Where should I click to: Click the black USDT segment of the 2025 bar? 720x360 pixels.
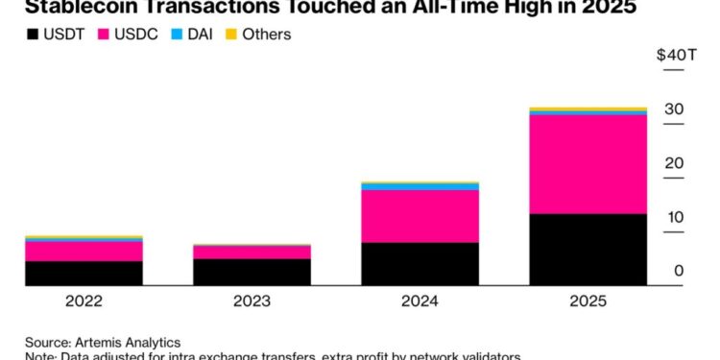(x=588, y=250)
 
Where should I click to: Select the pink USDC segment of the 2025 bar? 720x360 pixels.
(x=588, y=164)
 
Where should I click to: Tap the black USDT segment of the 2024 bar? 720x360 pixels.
(x=420, y=264)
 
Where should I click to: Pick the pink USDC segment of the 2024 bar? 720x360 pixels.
(x=420, y=216)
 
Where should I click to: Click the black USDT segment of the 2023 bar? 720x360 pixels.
(x=252, y=272)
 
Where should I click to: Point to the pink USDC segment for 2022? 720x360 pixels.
(x=84, y=251)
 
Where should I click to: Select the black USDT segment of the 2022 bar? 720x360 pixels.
(x=84, y=273)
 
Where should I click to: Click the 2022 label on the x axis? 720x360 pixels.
(x=84, y=300)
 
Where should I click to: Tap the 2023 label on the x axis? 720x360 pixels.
(x=252, y=300)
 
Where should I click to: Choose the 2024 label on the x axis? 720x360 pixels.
(x=420, y=300)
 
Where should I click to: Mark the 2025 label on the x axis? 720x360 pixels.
(x=588, y=300)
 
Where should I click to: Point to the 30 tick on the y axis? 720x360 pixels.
(x=674, y=109)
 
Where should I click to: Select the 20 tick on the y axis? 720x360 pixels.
(x=674, y=163)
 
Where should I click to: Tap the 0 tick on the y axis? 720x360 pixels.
(x=679, y=272)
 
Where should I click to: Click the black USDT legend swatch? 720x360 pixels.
(x=34, y=35)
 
